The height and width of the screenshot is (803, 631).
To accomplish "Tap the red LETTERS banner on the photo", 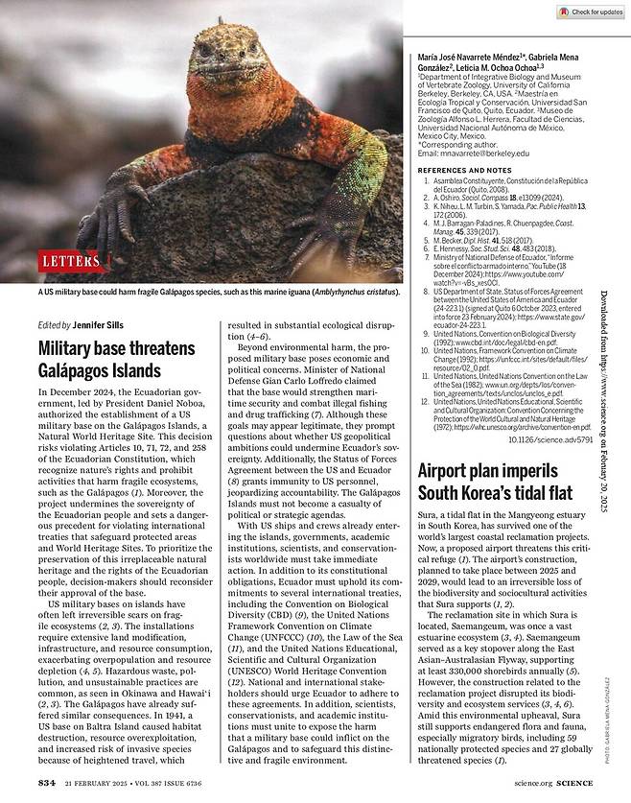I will pyautogui.click(x=70, y=260).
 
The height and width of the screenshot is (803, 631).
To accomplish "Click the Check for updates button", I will pyautogui.click(x=590, y=12).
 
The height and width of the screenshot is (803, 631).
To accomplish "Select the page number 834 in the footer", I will pyautogui.click(x=47, y=783).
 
